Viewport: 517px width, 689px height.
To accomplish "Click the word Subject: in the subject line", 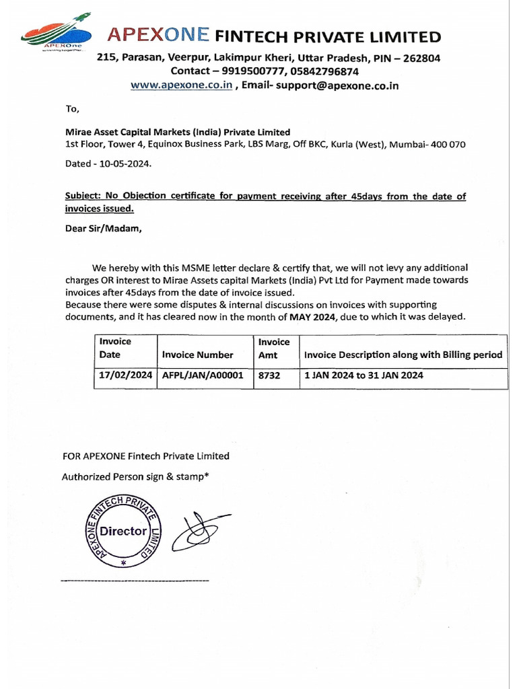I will click(83, 196).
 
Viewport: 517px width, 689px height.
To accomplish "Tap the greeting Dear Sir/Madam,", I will click(104, 227).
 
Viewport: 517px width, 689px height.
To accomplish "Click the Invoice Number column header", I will click(198, 355).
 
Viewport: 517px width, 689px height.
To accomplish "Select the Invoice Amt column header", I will click(274, 349).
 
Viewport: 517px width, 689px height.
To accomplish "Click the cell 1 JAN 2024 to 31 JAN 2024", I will click(364, 376).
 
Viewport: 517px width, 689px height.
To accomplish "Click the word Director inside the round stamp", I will click(123, 531).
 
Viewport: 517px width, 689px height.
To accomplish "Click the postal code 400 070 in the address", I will click(446, 145).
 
